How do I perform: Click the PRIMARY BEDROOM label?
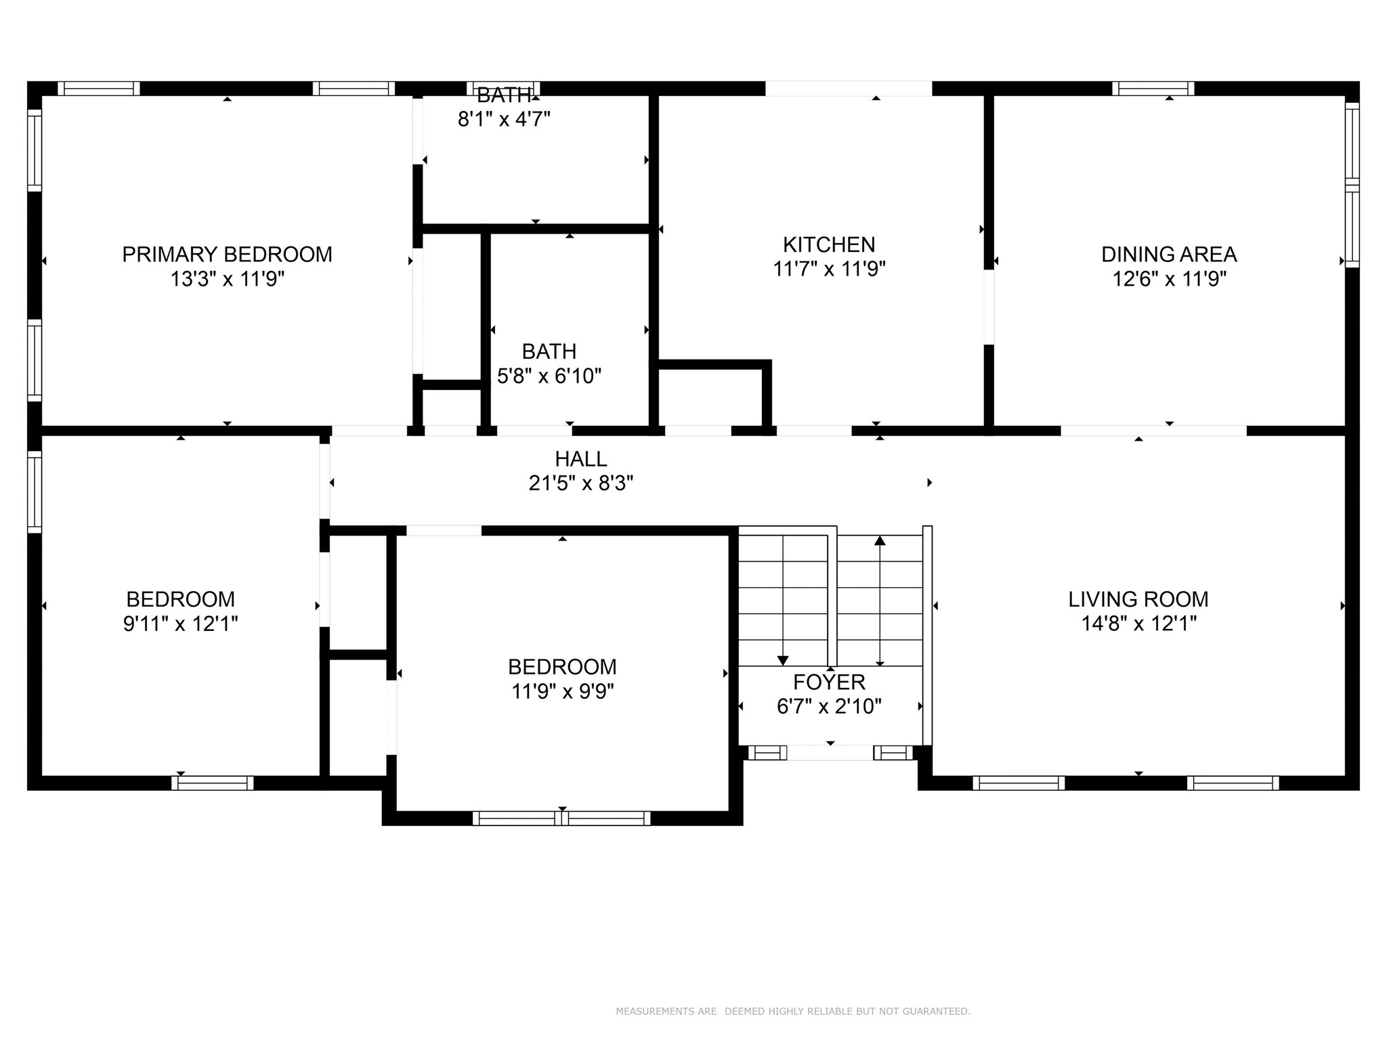point(227,255)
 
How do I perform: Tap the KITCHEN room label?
point(829,244)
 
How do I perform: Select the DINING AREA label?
point(1169,255)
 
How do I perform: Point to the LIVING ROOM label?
point(1138,599)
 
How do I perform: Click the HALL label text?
point(581,459)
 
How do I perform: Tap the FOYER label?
point(829,682)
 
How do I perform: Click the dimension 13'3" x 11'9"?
point(227,279)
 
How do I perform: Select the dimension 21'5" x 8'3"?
point(581,483)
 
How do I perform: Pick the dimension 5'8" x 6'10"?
point(549,376)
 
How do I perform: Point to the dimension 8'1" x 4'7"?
point(504,119)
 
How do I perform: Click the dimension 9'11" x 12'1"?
point(180,624)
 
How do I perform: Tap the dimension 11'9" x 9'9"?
point(562,691)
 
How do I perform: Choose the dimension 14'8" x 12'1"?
point(1138,624)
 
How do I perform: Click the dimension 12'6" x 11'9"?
point(1169,279)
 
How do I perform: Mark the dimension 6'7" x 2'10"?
point(829,706)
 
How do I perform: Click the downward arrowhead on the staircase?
point(783,660)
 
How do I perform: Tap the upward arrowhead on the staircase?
point(880,540)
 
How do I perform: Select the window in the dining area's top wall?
point(1153,89)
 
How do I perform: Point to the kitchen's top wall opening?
point(849,89)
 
